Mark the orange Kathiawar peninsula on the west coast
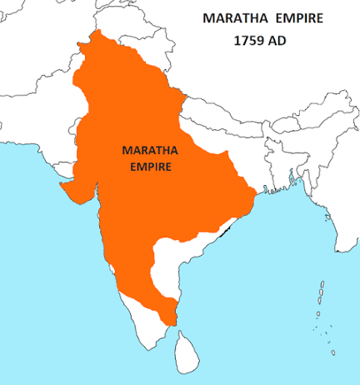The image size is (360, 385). pyautogui.click(x=71, y=190)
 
